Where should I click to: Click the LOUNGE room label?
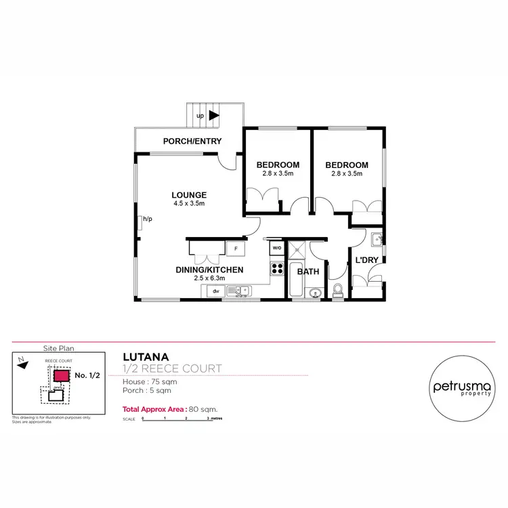[189, 195]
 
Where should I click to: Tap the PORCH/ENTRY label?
[192, 141]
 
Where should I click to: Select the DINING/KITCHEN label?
[209, 270]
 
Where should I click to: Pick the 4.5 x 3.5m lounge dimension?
[189, 203]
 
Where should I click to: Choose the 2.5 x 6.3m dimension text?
[209, 278]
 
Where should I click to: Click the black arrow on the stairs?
[214, 116]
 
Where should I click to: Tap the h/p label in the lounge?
[147, 219]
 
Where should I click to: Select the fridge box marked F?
[236, 248]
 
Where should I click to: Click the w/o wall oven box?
[276, 248]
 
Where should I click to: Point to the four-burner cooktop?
[276, 267]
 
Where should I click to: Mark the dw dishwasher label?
[215, 291]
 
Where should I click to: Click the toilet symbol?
[338, 291]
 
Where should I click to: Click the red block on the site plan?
[61, 375]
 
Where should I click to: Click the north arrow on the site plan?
[24, 364]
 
